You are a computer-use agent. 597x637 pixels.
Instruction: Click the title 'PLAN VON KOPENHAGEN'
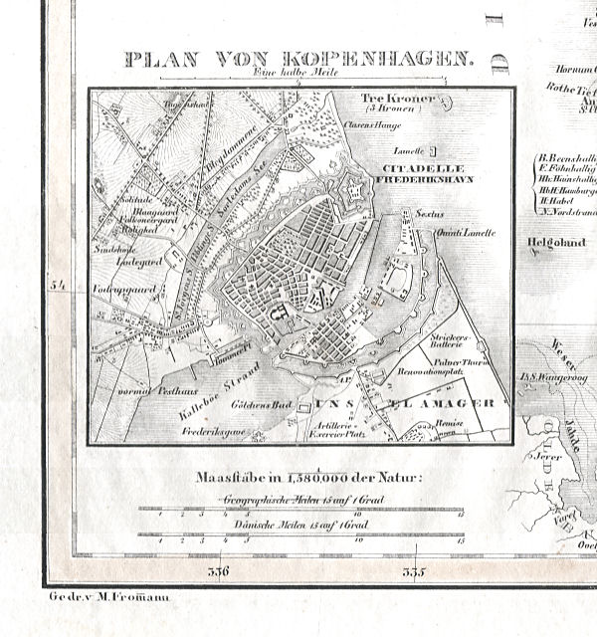click(x=298, y=59)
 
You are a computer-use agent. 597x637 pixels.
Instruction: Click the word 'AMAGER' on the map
click(x=459, y=403)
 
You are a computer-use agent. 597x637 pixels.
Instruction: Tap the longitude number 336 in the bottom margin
click(x=218, y=571)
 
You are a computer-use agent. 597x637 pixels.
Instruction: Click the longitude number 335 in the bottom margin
click(x=413, y=571)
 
